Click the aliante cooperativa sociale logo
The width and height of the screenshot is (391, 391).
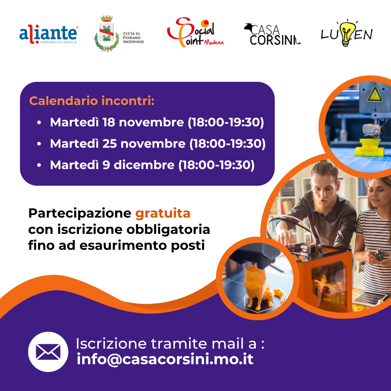[x=49, y=34]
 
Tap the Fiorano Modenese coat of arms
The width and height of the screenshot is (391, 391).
[x=107, y=34]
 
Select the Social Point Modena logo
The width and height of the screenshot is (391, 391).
[x=195, y=32]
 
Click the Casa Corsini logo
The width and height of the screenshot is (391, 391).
[x=272, y=34]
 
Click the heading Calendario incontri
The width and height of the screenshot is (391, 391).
[x=92, y=101]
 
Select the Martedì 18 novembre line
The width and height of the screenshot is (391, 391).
[x=157, y=122]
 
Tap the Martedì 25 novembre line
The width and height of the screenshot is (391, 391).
[x=157, y=144]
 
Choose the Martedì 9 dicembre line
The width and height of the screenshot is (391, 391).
[x=152, y=165]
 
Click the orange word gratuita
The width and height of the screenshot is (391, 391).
[x=163, y=214]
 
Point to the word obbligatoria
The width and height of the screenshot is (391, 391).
[x=168, y=230]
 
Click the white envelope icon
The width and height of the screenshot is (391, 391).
[x=48, y=352]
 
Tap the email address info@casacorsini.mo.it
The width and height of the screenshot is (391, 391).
[x=165, y=360]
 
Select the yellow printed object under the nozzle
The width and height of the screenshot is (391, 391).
[x=369, y=148]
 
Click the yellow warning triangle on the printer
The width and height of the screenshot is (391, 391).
[x=375, y=94]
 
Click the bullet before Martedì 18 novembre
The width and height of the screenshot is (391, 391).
[x=39, y=123]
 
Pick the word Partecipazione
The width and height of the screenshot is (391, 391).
[x=80, y=214]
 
